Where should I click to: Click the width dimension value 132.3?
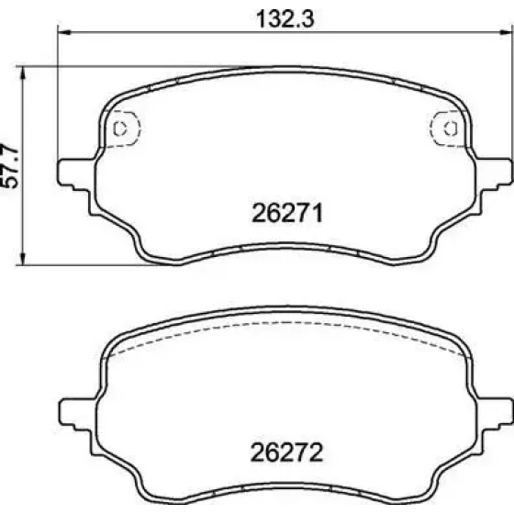(x=285, y=18)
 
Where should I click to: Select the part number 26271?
(x=287, y=213)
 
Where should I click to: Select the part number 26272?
(x=286, y=453)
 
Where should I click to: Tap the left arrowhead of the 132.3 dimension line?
(x=64, y=32)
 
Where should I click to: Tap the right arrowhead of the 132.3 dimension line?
(x=505, y=32)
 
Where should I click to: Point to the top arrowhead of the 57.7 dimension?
(x=22, y=73)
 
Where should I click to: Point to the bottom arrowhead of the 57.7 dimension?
(x=22, y=258)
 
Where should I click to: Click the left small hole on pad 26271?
(x=119, y=128)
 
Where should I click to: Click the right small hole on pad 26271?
(x=451, y=128)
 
